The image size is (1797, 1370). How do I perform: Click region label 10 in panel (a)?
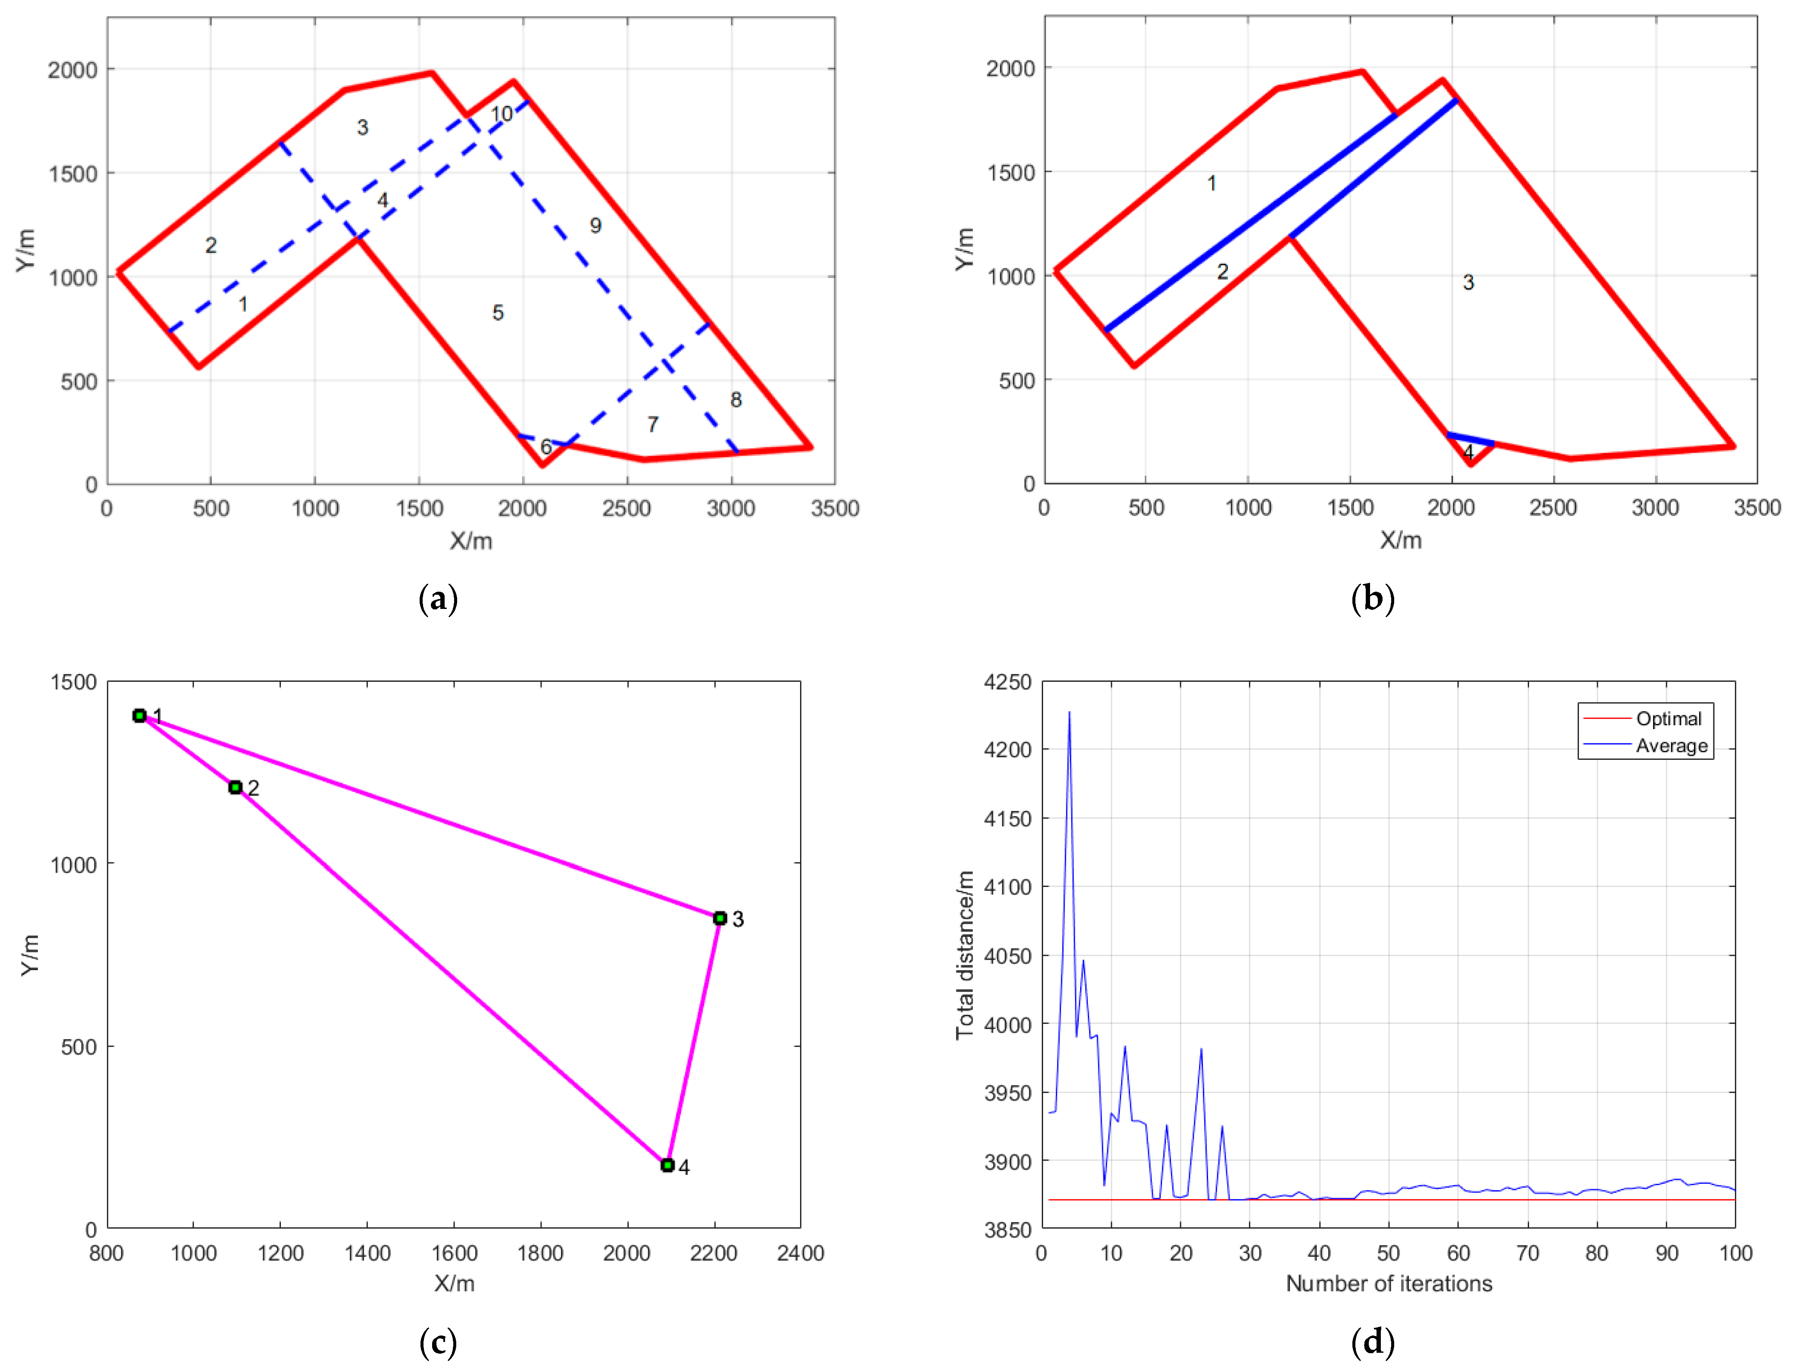[501, 114]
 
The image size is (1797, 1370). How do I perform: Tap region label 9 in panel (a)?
[596, 226]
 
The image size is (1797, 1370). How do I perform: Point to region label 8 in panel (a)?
[736, 399]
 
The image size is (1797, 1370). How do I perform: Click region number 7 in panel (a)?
[653, 424]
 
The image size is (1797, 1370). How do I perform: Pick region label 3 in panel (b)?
[1468, 282]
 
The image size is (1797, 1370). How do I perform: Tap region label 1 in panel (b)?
[1211, 184]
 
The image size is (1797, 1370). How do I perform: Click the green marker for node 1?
[140, 715]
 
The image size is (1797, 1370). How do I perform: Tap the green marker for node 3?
[720, 918]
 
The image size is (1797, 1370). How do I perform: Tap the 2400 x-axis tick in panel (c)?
[800, 1253]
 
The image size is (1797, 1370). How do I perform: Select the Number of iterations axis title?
[1389, 1283]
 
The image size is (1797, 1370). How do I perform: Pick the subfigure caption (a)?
[438, 599]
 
